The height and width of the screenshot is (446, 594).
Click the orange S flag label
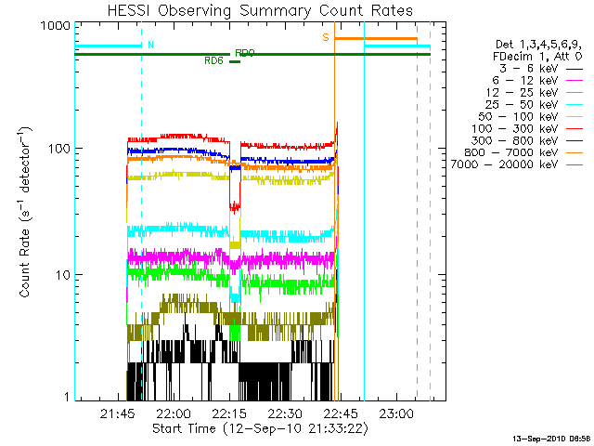(x=326, y=37)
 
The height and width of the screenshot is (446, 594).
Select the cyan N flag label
(x=151, y=44)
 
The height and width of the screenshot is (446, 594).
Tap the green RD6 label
(x=213, y=61)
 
